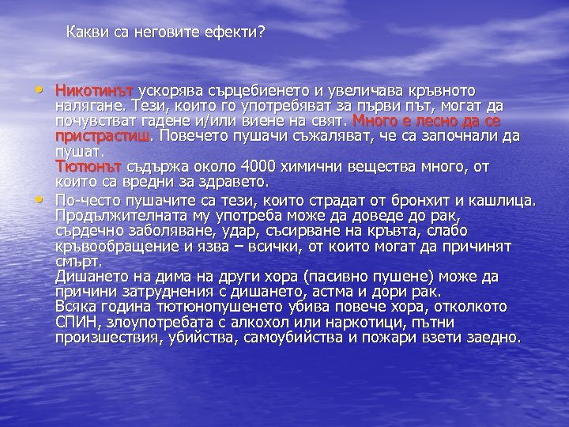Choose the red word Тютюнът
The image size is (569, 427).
point(88,166)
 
